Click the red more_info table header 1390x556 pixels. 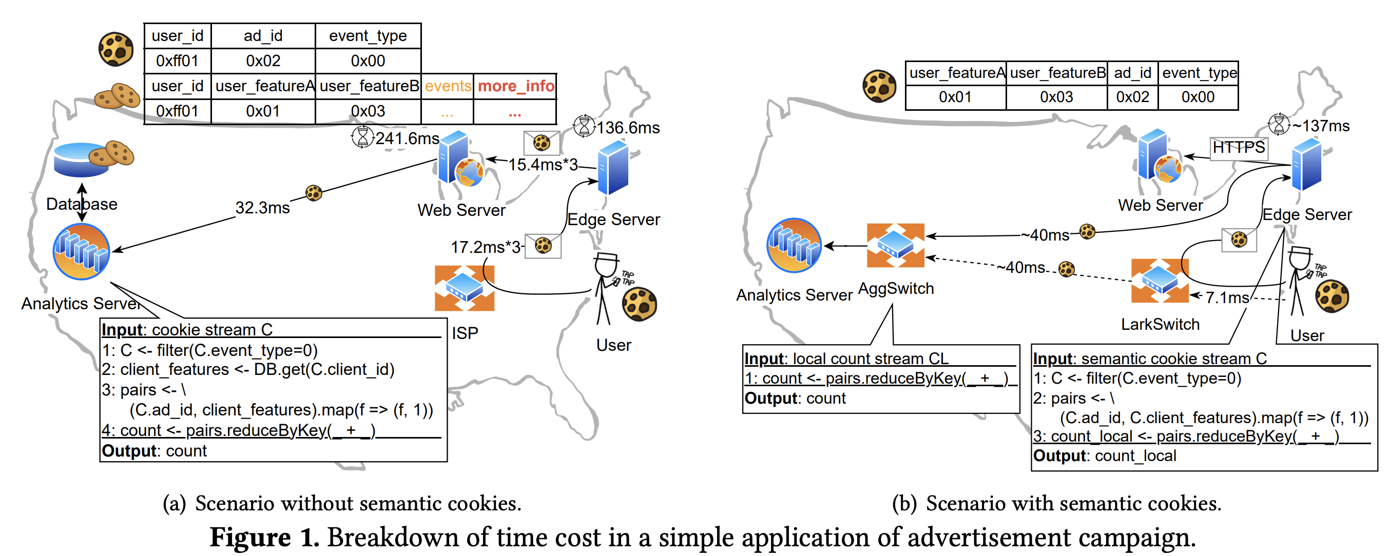515,86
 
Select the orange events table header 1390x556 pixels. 447,86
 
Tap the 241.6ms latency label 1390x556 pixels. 407,138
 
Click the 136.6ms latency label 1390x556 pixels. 628,128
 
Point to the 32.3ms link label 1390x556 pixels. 262,208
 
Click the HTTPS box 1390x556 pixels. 1239,147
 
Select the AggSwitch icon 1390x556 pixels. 895,245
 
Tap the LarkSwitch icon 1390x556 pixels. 1159,281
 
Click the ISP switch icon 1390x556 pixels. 464,287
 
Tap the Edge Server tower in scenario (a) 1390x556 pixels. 613,168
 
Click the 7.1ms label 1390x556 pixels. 1226,297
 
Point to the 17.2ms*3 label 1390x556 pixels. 485,247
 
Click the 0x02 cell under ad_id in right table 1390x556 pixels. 1132,97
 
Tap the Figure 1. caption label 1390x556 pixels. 264,537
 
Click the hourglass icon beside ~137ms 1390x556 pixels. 1278,125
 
